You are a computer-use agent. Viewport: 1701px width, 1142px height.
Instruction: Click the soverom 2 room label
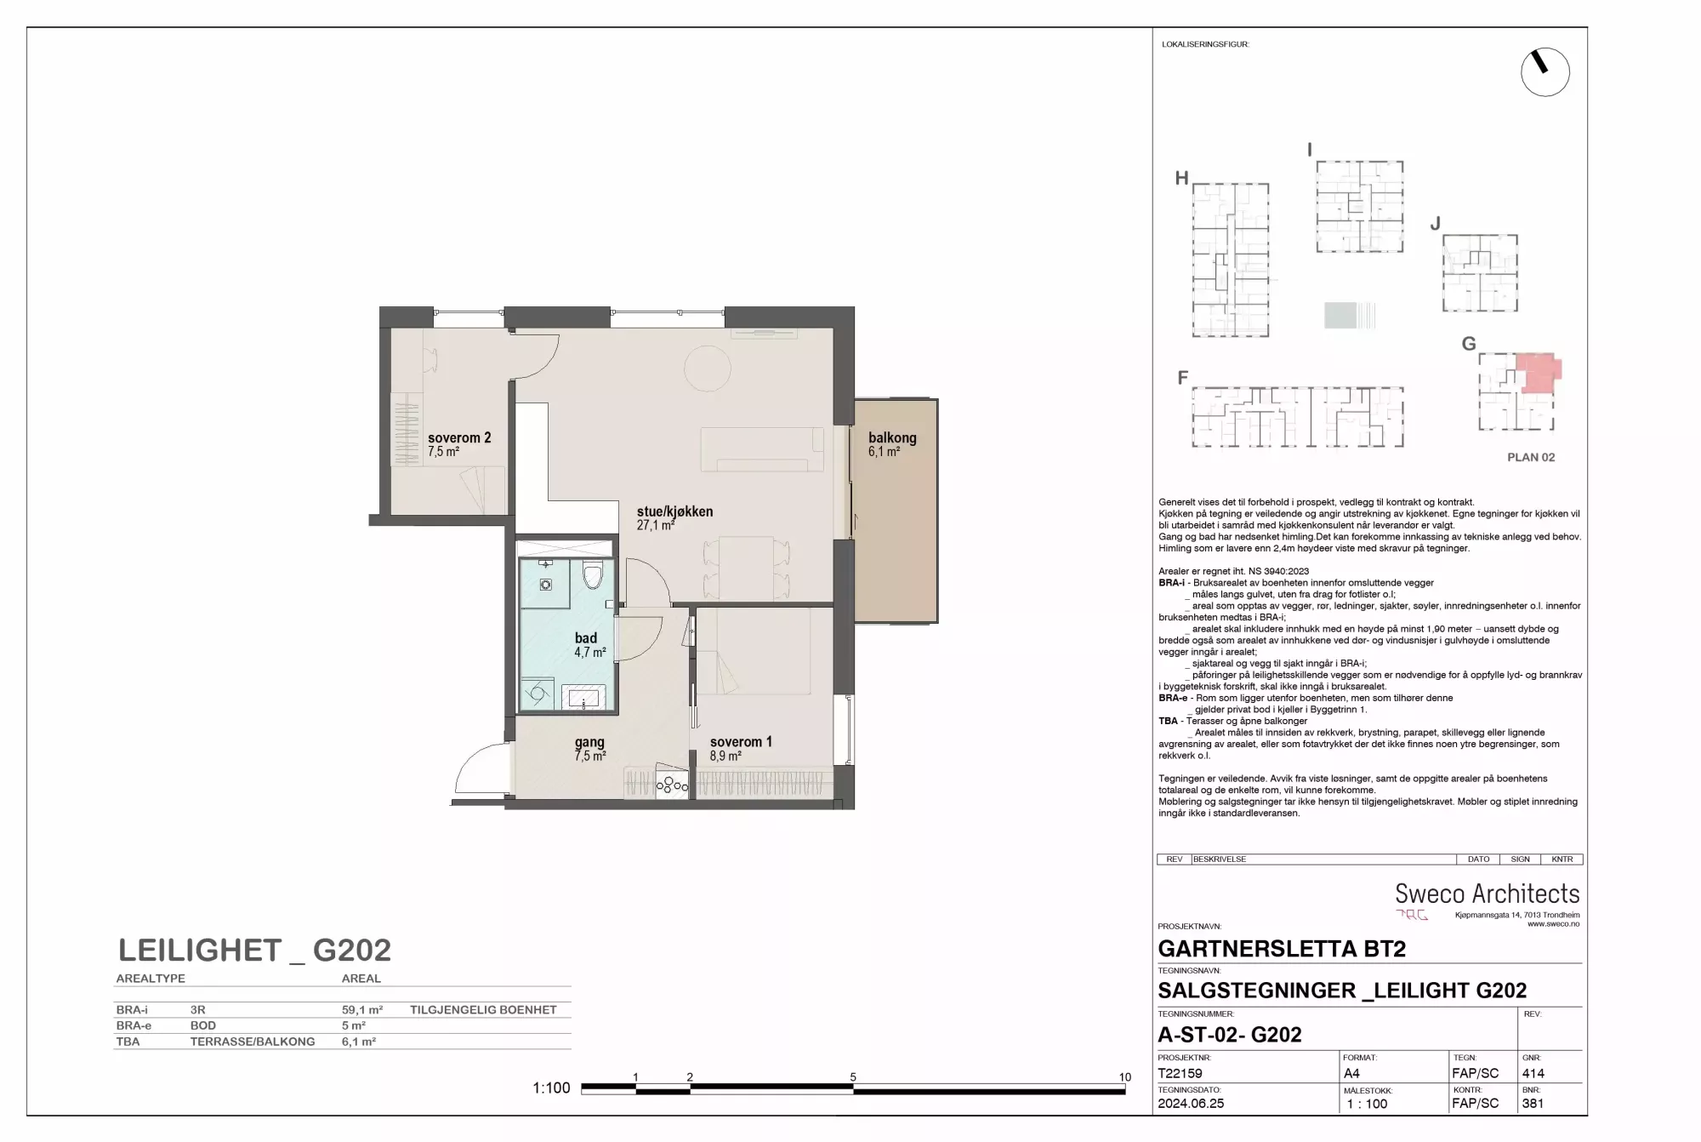pyautogui.click(x=459, y=438)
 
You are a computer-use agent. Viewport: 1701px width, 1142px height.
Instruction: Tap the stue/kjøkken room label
pyautogui.click(x=675, y=511)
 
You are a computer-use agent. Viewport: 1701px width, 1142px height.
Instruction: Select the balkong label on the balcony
pyautogui.click(x=892, y=438)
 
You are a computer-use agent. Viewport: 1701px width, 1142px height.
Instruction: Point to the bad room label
pyautogui.click(x=586, y=638)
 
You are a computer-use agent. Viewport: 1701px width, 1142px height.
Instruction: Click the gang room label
pyautogui.click(x=589, y=743)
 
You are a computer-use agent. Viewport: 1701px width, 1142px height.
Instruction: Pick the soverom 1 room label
pyautogui.click(x=741, y=742)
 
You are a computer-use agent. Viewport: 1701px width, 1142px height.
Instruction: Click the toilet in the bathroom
pyautogui.click(x=593, y=575)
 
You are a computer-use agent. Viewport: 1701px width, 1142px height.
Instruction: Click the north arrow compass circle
pyautogui.click(x=1545, y=71)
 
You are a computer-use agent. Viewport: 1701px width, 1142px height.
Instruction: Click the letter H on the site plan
pyautogui.click(x=1181, y=178)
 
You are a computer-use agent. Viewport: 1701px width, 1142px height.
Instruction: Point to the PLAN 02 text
pyautogui.click(x=1531, y=457)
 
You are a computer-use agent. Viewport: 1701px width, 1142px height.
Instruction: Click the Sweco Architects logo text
pyautogui.click(x=1488, y=894)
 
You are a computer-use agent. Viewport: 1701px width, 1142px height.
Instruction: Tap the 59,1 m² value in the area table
pyautogui.click(x=362, y=1010)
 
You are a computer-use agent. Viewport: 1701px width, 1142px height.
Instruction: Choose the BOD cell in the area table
pyautogui.click(x=203, y=1025)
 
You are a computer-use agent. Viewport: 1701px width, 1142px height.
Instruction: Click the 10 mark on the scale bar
pyautogui.click(x=1125, y=1077)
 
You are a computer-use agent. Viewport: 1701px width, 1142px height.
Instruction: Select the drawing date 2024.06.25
pyautogui.click(x=1191, y=1104)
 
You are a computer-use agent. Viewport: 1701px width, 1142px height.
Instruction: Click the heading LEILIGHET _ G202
pyautogui.click(x=254, y=950)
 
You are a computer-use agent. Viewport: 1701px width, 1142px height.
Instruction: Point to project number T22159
pyautogui.click(x=1180, y=1073)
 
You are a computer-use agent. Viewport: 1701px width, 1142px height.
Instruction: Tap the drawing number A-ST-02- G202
pyautogui.click(x=1230, y=1035)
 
